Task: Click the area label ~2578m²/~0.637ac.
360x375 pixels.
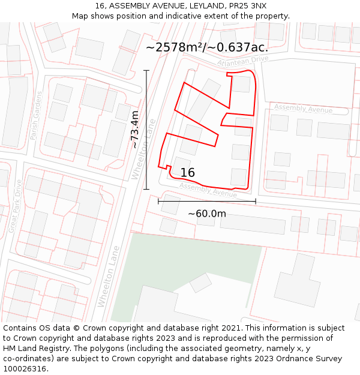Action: (x=206, y=47)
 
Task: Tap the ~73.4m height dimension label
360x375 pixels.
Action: (x=135, y=130)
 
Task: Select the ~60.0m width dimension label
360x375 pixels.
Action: (x=207, y=214)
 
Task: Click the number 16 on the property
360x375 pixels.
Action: (x=187, y=173)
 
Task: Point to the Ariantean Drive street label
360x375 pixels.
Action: (x=243, y=62)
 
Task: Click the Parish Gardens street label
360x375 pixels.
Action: (x=37, y=116)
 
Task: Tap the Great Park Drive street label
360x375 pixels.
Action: (x=15, y=206)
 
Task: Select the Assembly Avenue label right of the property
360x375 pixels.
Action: (x=303, y=109)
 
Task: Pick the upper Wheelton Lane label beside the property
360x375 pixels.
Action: (x=144, y=149)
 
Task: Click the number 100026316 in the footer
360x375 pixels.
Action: (x=25, y=369)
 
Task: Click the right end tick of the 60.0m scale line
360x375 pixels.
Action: (x=256, y=202)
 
